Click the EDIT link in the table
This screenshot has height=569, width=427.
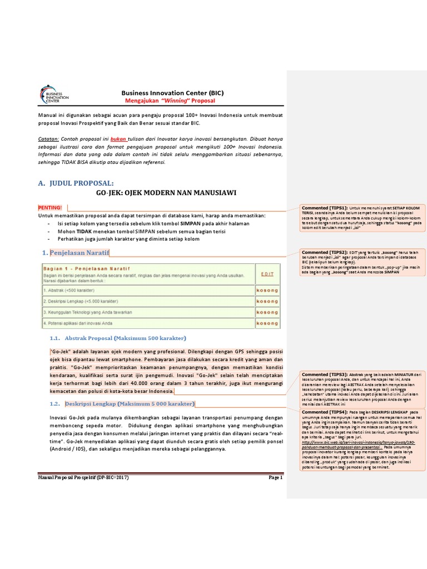[267, 273]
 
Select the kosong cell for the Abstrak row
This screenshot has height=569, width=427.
[267, 290]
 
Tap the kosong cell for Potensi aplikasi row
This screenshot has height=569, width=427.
[267, 323]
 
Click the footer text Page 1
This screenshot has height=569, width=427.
[276, 477]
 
